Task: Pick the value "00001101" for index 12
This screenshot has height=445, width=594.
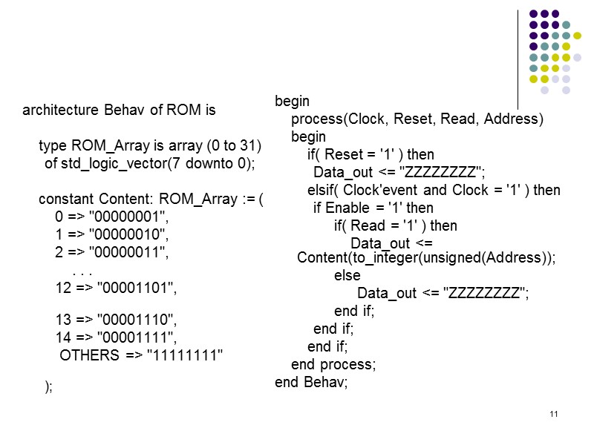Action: (x=138, y=287)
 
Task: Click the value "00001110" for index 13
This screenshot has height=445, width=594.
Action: (x=138, y=320)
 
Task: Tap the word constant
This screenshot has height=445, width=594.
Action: (x=63, y=200)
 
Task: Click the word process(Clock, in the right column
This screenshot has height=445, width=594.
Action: (x=327, y=119)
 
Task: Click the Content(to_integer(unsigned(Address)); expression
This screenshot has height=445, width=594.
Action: (x=425, y=258)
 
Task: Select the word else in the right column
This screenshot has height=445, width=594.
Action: (x=347, y=276)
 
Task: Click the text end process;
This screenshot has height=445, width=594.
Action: (x=333, y=365)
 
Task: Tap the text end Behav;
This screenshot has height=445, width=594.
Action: (x=311, y=383)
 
